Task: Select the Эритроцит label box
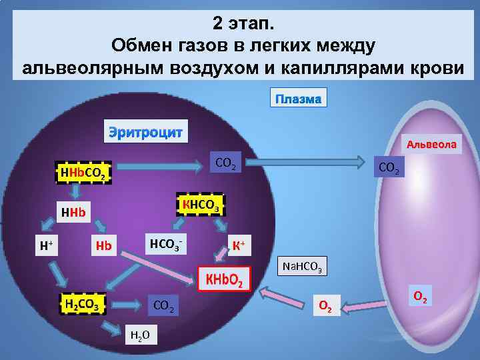point(145,131)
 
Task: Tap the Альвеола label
point(432,143)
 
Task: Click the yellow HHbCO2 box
point(81,174)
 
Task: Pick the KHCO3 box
point(199,203)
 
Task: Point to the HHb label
point(74,213)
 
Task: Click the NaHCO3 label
point(302,267)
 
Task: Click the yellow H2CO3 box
point(82,304)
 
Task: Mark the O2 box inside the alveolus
point(421,296)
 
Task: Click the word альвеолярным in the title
point(89,67)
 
